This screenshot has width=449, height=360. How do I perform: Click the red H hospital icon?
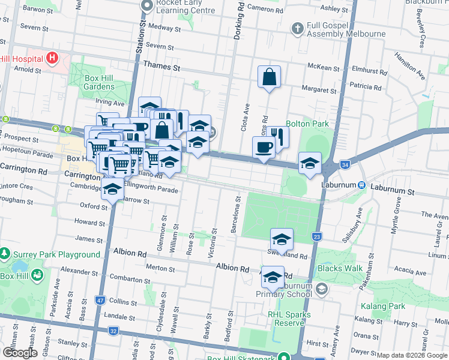(52, 58)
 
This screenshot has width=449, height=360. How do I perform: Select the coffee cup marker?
(264, 147)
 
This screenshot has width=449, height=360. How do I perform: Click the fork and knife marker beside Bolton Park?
(277, 136)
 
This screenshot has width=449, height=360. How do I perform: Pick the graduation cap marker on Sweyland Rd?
(282, 240)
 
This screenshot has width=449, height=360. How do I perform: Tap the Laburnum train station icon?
(361, 185)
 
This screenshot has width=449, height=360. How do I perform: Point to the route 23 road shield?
(316, 238)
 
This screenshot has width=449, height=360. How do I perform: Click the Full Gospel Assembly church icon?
(297, 28)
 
